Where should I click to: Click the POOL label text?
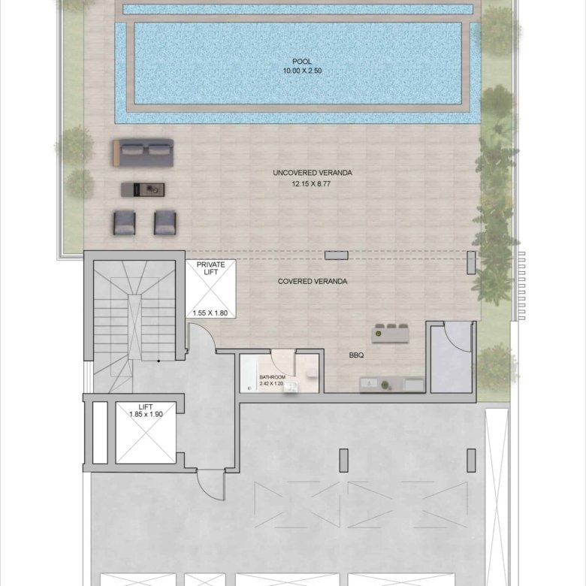tap(301, 62)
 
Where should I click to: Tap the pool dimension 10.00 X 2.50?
tap(302, 71)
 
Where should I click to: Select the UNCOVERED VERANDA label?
tap(313, 173)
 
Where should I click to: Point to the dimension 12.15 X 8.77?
tap(311, 184)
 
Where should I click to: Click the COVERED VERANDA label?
tap(313, 282)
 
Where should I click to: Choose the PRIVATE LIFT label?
tap(211, 268)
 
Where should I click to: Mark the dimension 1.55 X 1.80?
tap(210, 313)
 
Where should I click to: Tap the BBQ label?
tap(356, 355)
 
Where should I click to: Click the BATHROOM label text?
tap(272, 377)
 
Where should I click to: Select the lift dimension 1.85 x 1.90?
tap(146, 415)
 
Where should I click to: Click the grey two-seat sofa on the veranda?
tap(143, 153)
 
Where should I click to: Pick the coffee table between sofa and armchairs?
tap(143, 190)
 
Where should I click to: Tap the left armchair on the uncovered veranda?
tap(125, 222)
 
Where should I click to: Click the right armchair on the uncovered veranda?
tap(165, 222)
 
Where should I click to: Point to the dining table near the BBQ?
tap(390, 334)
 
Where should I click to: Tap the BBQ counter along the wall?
tap(392, 385)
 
